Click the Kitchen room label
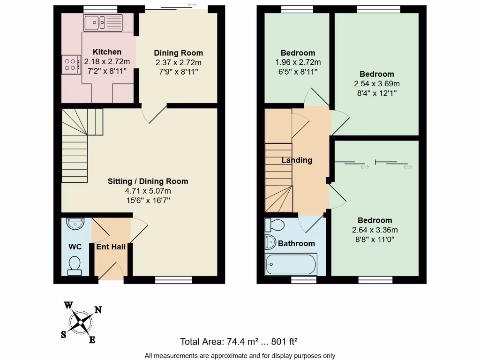[107, 52]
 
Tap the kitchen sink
[102, 22]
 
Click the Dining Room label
[179, 53]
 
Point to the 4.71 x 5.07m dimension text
[148, 191]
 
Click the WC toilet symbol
[74, 265]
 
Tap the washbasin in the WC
[75, 224]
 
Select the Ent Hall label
[111, 247]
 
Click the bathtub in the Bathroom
[291, 264]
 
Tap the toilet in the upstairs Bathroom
[275, 225]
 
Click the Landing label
[297, 160]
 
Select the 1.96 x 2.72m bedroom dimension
[298, 62]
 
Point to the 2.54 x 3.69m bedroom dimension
[377, 83]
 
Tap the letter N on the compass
[98, 309]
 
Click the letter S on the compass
[63, 334]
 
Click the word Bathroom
[296, 244]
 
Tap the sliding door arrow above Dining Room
[192, 5]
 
